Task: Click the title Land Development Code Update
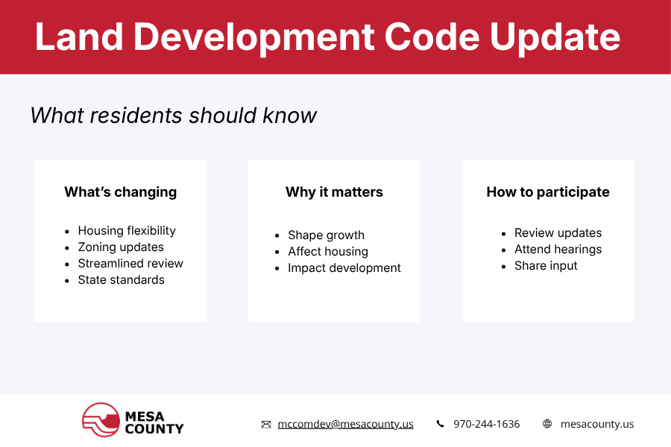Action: click(x=327, y=37)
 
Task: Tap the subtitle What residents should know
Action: click(x=174, y=115)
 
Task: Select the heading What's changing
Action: click(x=120, y=192)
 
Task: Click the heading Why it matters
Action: click(x=334, y=192)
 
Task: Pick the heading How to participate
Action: click(x=548, y=192)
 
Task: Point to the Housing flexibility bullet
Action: click(x=127, y=231)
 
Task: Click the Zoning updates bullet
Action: click(x=121, y=247)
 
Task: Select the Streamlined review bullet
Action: click(x=130, y=264)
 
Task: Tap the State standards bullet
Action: click(x=121, y=280)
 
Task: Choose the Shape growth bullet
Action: click(x=326, y=235)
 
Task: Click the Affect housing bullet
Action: click(x=328, y=252)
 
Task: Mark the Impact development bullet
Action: click(x=344, y=268)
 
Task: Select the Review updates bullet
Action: click(x=558, y=233)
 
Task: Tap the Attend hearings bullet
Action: click(x=558, y=250)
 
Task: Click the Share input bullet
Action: click(x=546, y=266)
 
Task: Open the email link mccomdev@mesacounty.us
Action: click(x=345, y=424)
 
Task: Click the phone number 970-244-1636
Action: click(x=486, y=424)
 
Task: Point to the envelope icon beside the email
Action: click(x=266, y=424)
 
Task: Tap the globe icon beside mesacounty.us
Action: click(x=547, y=424)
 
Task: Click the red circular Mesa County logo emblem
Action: click(x=101, y=419)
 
